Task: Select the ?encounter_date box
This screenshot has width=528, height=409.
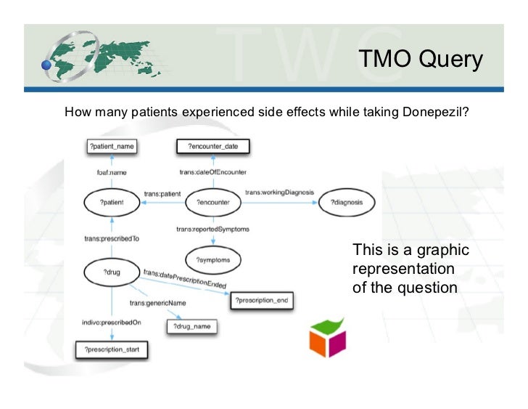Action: point(213,146)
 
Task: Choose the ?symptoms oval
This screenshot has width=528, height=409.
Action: point(213,259)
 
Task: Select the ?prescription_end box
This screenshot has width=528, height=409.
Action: point(261,300)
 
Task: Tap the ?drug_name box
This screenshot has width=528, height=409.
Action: point(192,327)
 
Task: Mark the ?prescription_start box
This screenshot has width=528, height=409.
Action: point(112,350)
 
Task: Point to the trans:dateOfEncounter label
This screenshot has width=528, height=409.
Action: point(213,172)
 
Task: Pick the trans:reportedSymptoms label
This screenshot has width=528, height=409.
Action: point(213,230)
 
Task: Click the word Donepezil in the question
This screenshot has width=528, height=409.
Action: point(432,113)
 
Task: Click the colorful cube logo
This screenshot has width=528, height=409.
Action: point(328,337)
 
